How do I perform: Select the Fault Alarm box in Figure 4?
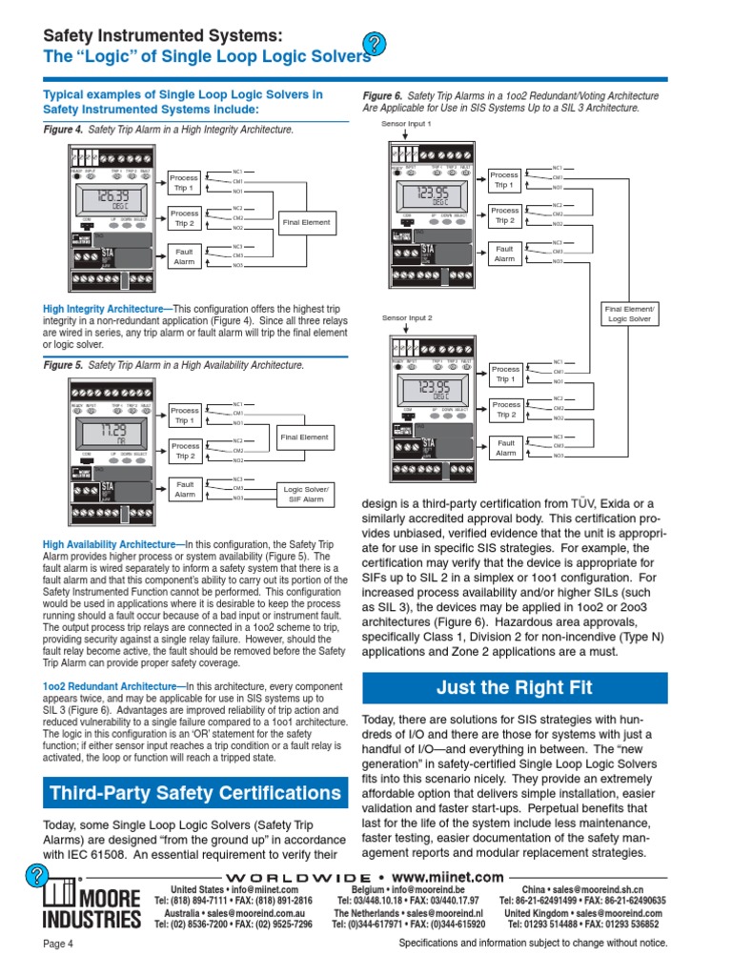click(x=185, y=255)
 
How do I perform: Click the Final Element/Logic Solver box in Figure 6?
click(x=628, y=314)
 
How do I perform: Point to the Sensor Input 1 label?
click(x=406, y=124)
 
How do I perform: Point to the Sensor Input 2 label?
click(x=407, y=317)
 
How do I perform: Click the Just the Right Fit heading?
click(x=514, y=687)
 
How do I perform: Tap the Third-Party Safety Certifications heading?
click(x=193, y=793)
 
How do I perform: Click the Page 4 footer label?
click(x=59, y=944)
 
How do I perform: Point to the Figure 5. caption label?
click(x=64, y=365)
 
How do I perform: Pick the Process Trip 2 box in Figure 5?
click(x=185, y=450)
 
